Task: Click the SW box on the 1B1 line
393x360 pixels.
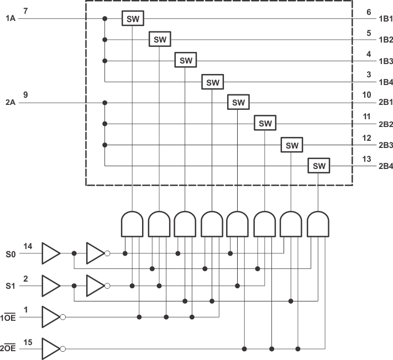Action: pyautogui.click(x=133, y=18)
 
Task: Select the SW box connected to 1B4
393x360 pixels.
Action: pyautogui.click(x=212, y=82)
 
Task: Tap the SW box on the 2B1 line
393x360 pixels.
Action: pyautogui.click(x=238, y=103)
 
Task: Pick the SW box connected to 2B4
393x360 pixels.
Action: pyautogui.click(x=318, y=166)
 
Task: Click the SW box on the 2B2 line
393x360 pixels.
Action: pyautogui.click(x=265, y=124)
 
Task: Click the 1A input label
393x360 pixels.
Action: pyautogui.click(x=11, y=19)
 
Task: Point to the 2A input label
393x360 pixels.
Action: pyautogui.click(x=11, y=103)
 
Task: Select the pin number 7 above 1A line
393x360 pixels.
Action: pyautogui.click(x=25, y=11)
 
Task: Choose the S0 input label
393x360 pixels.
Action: pyautogui.click(x=11, y=254)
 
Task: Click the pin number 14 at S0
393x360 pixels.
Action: pyautogui.click(x=28, y=246)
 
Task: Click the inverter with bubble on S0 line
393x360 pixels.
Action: pyautogui.click(x=96, y=253)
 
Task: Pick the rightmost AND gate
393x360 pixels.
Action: pyautogui.click(x=318, y=223)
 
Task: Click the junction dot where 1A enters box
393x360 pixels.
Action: pyautogui.click(x=104, y=19)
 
